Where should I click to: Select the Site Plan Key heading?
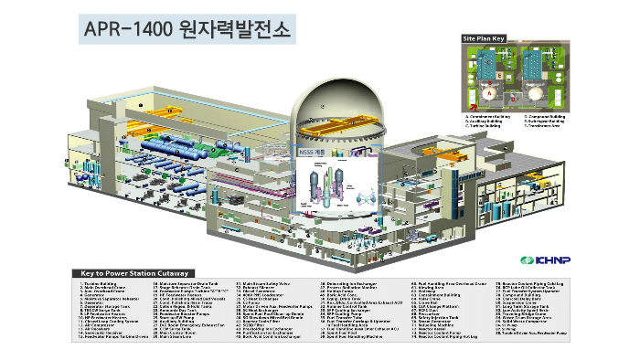[484, 39]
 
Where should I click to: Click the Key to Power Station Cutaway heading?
[133, 272]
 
